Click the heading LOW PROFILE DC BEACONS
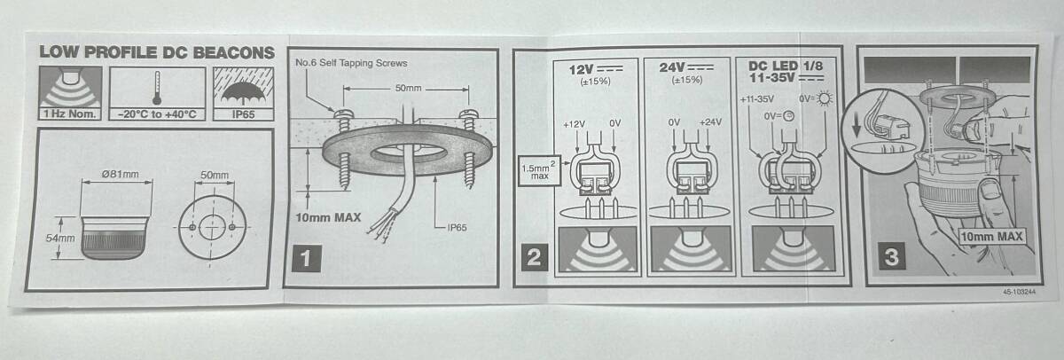(x=157, y=52)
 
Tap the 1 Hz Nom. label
(x=69, y=114)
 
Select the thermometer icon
(x=157, y=88)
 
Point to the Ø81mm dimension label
(x=121, y=175)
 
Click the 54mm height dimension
(x=60, y=238)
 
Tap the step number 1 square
(x=306, y=258)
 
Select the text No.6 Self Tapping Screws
(x=351, y=63)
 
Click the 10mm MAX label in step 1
(x=328, y=218)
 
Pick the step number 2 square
(x=535, y=257)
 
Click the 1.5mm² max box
(x=539, y=171)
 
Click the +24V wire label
(x=710, y=122)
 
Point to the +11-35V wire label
(x=757, y=99)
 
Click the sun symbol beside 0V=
(x=824, y=98)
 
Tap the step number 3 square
(x=891, y=256)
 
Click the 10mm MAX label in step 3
(x=991, y=236)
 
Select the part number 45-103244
(x=1019, y=292)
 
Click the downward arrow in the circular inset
(x=857, y=127)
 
